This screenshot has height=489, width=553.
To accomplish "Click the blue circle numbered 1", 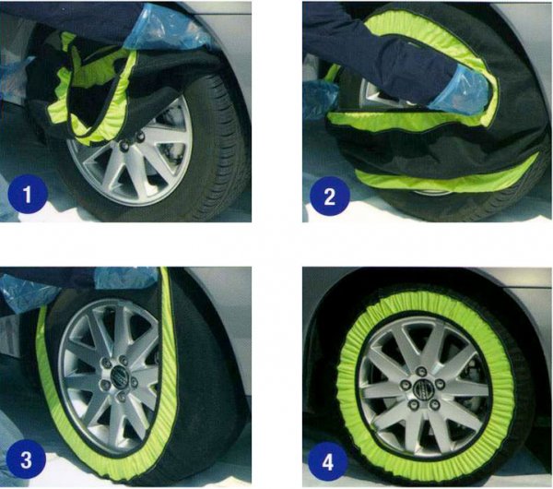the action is [28, 194].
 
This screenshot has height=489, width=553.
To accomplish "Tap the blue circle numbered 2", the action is [329, 197].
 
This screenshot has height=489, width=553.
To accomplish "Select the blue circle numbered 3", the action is [26, 459].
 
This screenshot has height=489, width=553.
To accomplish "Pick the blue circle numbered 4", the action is [328, 461].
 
